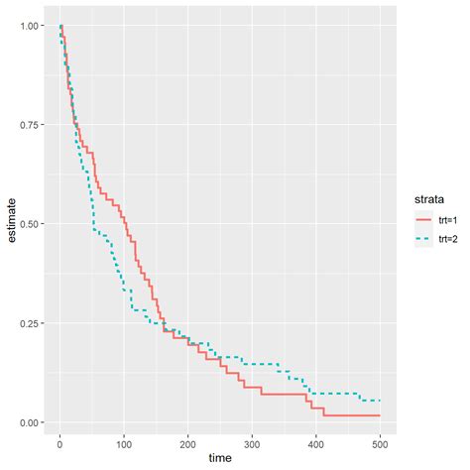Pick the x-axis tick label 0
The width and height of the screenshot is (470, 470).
pos(60,441)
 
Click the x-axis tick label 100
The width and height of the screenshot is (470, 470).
pos(124,441)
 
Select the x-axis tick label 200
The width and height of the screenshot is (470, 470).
pos(188,441)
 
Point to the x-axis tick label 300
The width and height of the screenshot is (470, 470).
pos(252,441)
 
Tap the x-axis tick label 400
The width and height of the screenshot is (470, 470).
pos(316,441)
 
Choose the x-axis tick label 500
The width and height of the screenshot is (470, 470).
pos(380,441)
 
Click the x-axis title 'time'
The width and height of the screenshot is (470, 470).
pos(220,458)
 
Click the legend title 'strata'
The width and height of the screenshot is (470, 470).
pos(428,198)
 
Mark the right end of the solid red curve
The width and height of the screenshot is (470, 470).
pos(380,414)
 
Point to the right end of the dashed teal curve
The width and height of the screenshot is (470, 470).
pos(380,401)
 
